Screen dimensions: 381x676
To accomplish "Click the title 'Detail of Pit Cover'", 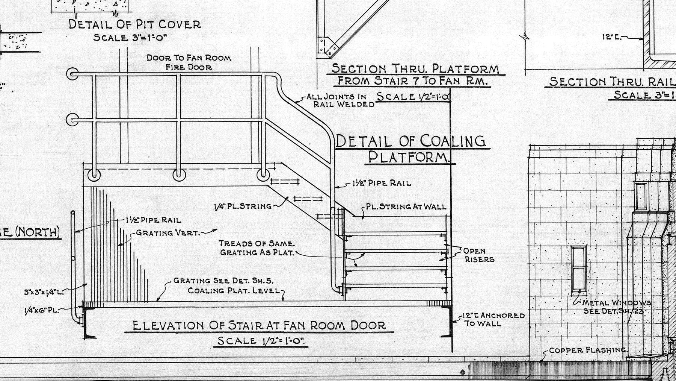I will tap(134, 25).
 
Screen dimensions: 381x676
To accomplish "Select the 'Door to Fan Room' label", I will tap(189, 58).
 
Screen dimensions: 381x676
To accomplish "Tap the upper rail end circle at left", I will tap(72, 74).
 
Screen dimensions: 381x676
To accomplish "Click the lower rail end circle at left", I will tap(72, 120).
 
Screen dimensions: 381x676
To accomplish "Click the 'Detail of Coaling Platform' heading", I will tap(410, 149).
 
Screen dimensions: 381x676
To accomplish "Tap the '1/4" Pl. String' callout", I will tap(243, 206).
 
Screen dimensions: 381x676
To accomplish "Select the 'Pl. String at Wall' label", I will tap(406, 206).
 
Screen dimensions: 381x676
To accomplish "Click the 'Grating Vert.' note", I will tap(167, 233).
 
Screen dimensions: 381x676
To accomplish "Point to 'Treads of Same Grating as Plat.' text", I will tap(257, 248).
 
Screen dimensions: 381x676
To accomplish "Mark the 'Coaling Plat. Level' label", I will tap(234, 291).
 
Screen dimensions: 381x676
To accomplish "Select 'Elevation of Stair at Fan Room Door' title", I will tap(259, 325).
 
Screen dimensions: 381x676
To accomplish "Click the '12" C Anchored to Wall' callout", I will tap(493, 319).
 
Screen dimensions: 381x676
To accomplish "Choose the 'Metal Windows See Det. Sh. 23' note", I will tap(616, 307).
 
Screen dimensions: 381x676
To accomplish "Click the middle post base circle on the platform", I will tap(179, 175).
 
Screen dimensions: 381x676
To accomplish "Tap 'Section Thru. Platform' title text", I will tap(416, 69).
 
